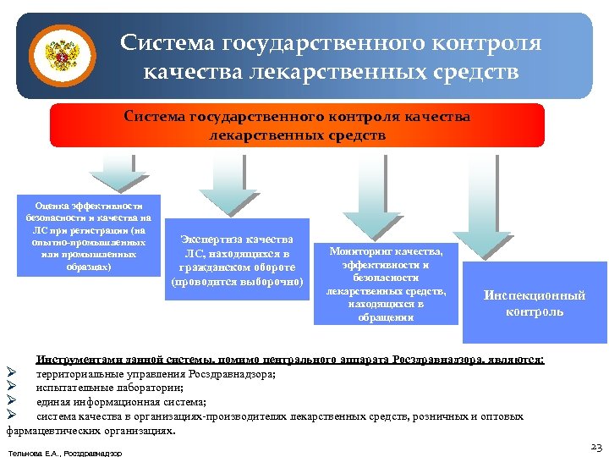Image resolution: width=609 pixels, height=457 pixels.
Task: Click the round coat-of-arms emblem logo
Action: click(x=59, y=55)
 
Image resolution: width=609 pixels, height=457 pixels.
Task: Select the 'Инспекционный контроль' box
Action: click(x=534, y=304)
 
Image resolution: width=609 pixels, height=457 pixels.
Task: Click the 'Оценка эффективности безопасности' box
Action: click(x=89, y=236)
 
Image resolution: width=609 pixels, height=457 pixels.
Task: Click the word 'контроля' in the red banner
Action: click(x=364, y=117)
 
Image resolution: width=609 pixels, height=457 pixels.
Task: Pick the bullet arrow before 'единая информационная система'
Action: click(x=11, y=402)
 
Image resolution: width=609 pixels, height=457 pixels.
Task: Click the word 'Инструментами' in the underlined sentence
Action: click(x=72, y=360)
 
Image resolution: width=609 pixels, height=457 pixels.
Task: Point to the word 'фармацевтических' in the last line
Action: click(x=52, y=430)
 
